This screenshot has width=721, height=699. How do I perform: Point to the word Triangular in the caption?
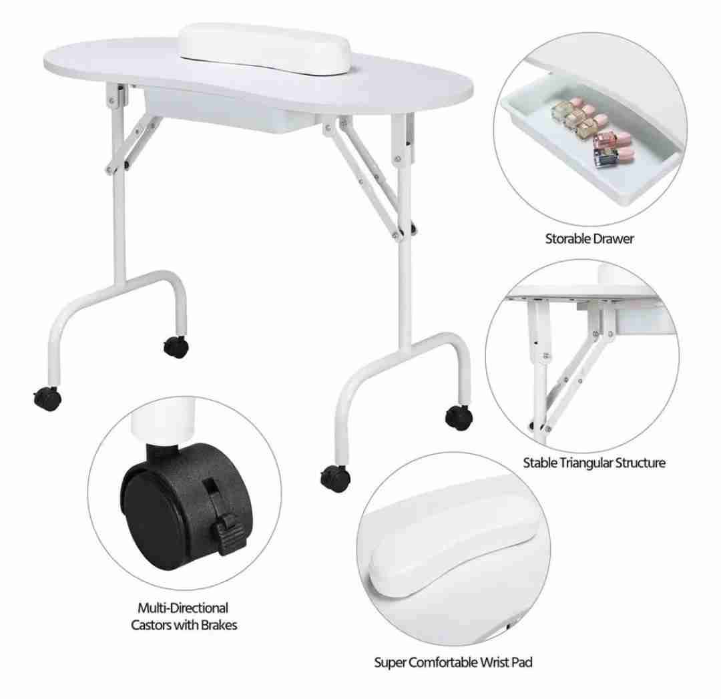click(x=587, y=462)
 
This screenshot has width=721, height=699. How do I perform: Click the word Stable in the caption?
click(x=539, y=462)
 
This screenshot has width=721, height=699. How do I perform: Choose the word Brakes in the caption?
click(x=216, y=625)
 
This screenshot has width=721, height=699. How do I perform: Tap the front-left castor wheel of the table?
click(x=47, y=399)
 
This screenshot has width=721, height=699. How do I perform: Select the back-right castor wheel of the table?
click(x=459, y=417)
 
